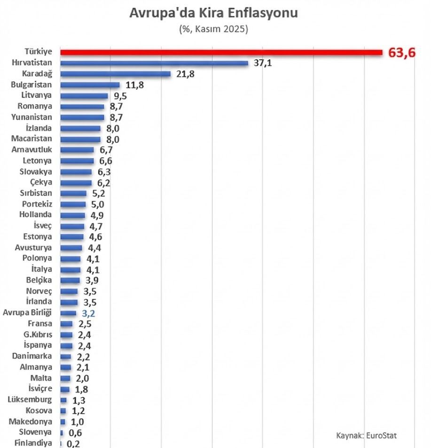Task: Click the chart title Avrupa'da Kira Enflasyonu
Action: click(214, 13)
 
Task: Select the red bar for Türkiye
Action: click(221, 52)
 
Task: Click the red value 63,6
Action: click(402, 53)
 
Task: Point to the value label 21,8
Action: click(185, 74)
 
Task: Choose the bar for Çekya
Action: click(76, 182)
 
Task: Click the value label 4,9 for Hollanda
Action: click(98, 215)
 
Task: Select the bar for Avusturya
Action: click(71, 248)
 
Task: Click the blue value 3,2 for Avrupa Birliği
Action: click(89, 313)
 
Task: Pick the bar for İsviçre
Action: click(65, 389)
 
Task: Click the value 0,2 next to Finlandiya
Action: click(73, 443)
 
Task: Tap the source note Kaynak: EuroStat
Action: click(366, 435)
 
